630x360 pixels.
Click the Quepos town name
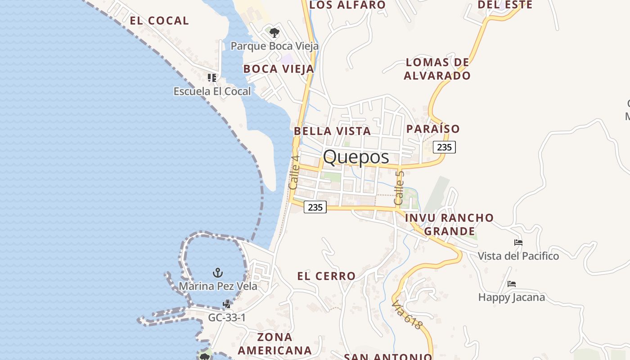click(356, 157)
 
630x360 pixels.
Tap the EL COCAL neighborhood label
click(159, 21)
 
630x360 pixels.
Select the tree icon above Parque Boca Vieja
click(274, 33)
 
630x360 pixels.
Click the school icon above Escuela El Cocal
click(212, 78)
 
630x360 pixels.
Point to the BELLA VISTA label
click(332, 131)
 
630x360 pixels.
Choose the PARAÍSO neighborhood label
click(433, 129)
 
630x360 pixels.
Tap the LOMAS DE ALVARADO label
click(437, 69)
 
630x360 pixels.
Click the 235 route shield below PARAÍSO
click(444, 147)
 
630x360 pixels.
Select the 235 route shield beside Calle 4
click(315, 207)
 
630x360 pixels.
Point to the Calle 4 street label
click(294, 172)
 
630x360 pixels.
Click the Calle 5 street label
click(400, 188)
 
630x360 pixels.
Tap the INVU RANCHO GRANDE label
click(450, 225)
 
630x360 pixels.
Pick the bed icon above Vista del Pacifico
click(518, 243)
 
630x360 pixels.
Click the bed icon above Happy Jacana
click(512, 284)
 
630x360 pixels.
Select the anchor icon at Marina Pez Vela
click(218, 273)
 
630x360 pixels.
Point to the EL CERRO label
click(326, 276)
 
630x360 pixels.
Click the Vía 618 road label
click(408, 315)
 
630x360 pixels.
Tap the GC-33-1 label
click(227, 318)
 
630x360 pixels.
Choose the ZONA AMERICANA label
click(274, 344)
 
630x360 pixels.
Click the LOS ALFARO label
click(347, 5)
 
